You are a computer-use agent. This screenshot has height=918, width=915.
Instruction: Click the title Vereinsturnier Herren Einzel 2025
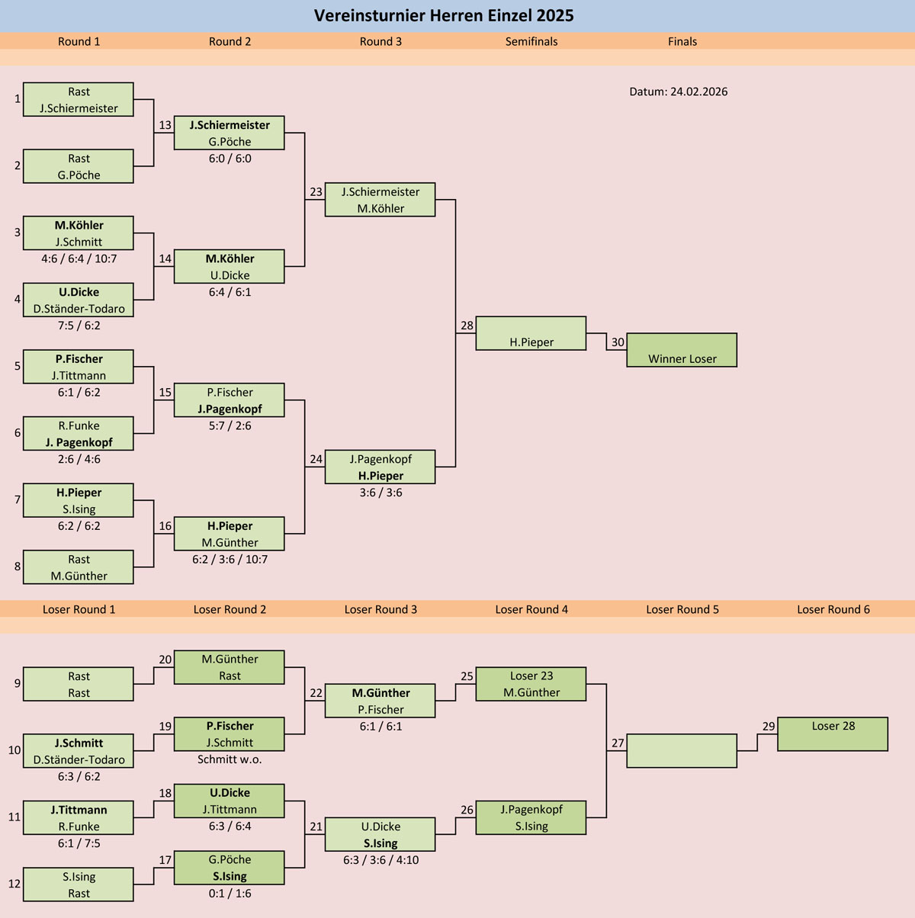coord(444,16)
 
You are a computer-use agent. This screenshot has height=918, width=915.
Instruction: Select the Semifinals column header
coord(531,42)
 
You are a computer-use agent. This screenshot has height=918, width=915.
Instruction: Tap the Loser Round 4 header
coord(531,609)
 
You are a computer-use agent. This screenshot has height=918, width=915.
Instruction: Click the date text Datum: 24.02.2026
coord(678,91)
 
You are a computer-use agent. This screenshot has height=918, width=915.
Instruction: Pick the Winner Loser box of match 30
coord(682,351)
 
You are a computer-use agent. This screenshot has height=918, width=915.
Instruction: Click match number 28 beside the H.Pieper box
coord(467,326)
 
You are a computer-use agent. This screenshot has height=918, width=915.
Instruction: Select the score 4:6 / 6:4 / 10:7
coord(79,258)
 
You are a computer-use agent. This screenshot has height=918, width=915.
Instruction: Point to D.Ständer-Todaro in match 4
coord(79,309)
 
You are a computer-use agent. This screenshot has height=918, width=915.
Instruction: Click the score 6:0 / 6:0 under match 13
coord(230,159)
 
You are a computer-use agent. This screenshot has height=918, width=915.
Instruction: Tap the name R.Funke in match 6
coord(79,425)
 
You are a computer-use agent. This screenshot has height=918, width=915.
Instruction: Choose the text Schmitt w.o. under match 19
coord(230,759)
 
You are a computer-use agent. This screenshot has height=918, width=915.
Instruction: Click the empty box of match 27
coord(682,750)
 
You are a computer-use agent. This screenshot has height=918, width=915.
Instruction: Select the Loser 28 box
coord(833,733)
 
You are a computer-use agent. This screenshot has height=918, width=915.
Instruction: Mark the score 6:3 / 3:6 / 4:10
coord(380,860)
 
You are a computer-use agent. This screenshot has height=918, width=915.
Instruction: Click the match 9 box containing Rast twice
coord(79,684)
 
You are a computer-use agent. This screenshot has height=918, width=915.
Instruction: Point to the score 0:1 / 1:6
coord(230,894)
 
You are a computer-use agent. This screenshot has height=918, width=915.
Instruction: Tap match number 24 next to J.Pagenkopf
coord(316,459)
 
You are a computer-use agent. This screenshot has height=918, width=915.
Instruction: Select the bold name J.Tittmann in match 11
coord(79,810)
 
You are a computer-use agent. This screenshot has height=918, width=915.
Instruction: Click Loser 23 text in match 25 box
coord(531,676)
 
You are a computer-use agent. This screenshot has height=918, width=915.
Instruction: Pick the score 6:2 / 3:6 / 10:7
coord(230,560)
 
